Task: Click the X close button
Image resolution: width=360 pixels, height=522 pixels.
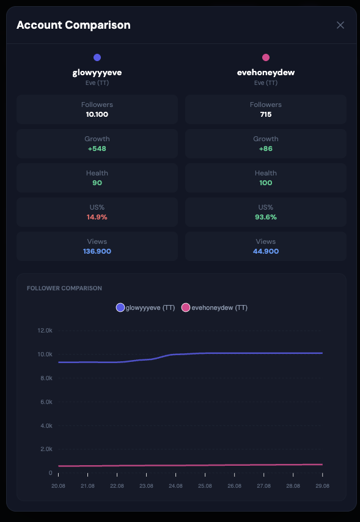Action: (340, 25)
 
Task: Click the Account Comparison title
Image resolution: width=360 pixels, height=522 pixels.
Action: (73, 25)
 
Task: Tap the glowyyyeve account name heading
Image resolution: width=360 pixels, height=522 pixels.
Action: (97, 73)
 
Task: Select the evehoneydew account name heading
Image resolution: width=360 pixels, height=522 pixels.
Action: (266, 73)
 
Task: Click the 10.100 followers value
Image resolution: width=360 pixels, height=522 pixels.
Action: (97, 114)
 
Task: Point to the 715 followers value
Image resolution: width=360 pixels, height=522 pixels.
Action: (266, 114)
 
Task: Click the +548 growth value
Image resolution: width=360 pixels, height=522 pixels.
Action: (97, 149)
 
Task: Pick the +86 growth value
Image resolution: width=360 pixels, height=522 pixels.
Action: (266, 149)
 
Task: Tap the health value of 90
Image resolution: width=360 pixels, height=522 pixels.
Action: (97, 183)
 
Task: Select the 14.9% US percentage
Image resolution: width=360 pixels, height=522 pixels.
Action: (97, 217)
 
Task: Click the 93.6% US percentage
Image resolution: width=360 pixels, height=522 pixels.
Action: (266, 217)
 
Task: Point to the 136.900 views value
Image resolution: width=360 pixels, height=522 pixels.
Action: (97, 251)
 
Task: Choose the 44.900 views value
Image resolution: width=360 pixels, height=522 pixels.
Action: (266, 251)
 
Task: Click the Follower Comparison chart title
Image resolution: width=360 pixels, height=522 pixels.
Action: (64, 289)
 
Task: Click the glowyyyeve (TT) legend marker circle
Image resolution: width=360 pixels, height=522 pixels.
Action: (120, 307)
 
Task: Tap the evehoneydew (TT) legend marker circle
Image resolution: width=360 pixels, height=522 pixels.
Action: (186, 307)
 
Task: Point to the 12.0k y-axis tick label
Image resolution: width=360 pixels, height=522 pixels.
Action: (45, 331)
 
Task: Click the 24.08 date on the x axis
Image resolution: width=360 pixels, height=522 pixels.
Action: (175, 486)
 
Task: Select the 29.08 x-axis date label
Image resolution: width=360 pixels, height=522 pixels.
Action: (322, 486)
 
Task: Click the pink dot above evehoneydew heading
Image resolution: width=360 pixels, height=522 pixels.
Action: (266, 57)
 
